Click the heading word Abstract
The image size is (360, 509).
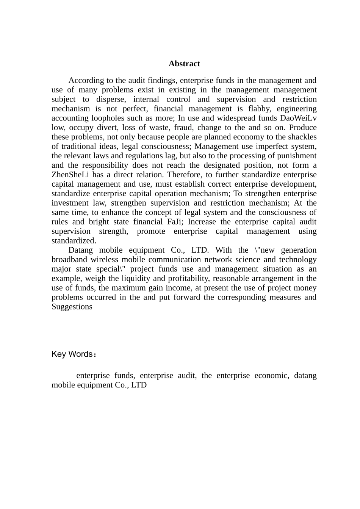pyautogui.click(x=184, y=64)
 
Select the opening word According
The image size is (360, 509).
pyautogui.click(x=86, y=80)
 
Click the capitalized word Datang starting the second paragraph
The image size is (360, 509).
pyautogui.click(x=81, y=250)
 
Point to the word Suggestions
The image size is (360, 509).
pyautogui.click(x=72, y=307)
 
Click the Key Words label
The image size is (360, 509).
pyautogui.click(x=73, y=354)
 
